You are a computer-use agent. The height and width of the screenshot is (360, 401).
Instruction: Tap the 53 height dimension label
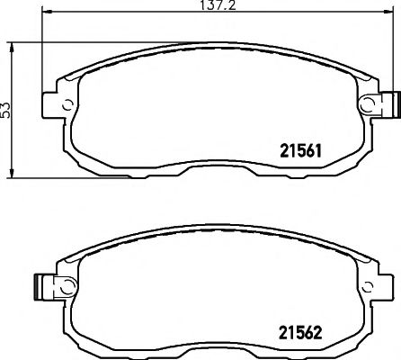(7, 109)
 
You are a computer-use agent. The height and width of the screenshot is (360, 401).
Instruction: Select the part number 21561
(291, 149)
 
